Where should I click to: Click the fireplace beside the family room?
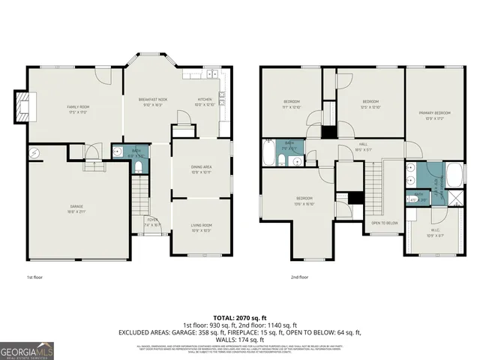pyautogui.click(x=25, y=106)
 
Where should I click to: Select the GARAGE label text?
pyautogui.click(x=76, y=210)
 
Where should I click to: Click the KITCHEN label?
pyautogui.click(x=205, y=100)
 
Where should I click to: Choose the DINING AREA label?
pyautogui.click(x=201, y=168)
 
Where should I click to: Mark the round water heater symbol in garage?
pyautogui.click(x=34, y=154)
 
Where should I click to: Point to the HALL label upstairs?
pyautogui.click(x=362, y=145)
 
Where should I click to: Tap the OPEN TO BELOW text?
pyautogui.click(x=384, y=223)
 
